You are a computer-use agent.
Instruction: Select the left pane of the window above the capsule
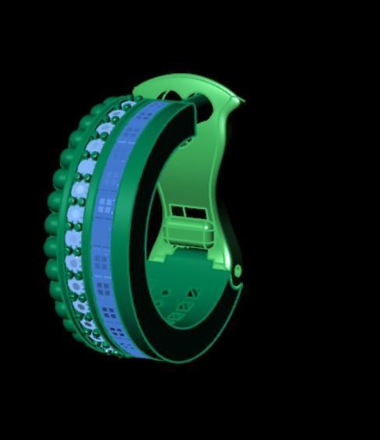(178, 211)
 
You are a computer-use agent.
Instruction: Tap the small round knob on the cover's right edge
(237, 270)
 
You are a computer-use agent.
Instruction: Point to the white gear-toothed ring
(79, 225)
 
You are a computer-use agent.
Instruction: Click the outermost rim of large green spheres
(55, 225)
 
